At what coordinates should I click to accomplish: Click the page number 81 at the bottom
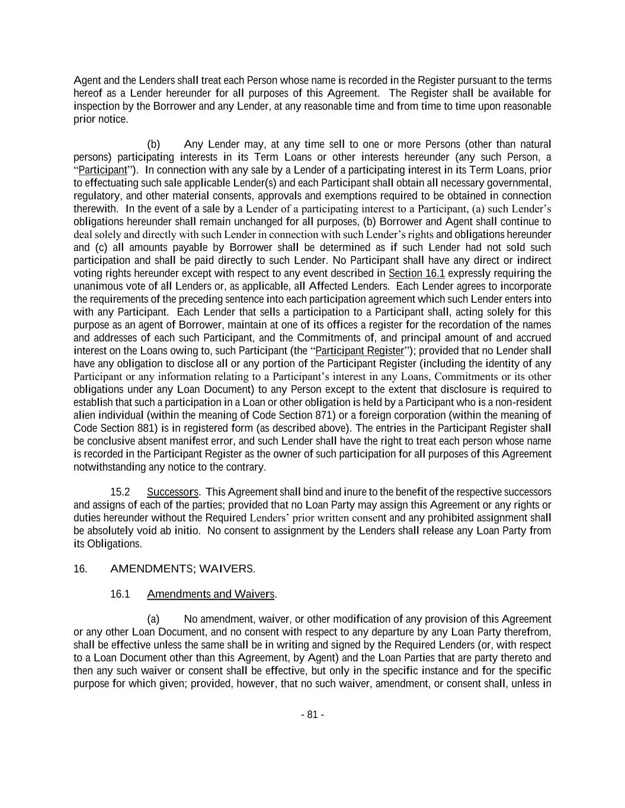point(312,714)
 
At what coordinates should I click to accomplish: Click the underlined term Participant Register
point(360,350)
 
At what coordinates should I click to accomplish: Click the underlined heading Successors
point(172,492)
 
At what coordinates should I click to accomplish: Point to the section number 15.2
point(120,492)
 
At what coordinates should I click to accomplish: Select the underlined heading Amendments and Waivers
point(211,594)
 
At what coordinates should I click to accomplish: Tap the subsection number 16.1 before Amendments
point(120,594)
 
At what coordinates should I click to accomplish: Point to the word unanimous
point(97,286)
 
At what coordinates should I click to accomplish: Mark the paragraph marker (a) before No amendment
point(153,619)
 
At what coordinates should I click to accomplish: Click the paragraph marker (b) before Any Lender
point(153,144)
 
